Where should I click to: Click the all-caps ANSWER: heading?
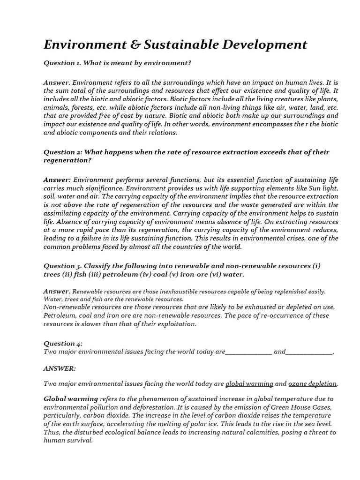tap(59, 368)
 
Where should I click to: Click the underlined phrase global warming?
tap(249, 383)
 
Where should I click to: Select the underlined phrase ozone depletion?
tap(312, 383)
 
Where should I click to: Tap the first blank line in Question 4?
tap(248, 352)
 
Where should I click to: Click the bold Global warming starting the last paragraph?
tap(71, 399)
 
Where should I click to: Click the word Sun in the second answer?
tap(306, 188)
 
